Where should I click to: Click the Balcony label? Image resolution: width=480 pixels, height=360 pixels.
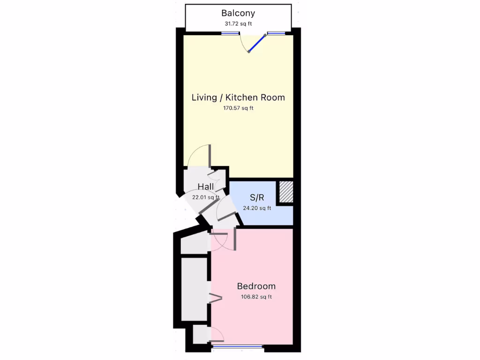238,13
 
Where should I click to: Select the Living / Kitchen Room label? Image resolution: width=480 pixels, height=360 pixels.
238,97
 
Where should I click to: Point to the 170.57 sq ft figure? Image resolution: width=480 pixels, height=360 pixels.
238,108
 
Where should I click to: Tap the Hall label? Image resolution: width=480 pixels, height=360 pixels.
206,187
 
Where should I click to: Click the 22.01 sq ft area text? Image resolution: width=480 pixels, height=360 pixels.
206,197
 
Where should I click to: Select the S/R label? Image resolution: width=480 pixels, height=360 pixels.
257,197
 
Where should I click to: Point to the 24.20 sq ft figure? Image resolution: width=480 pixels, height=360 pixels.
257,209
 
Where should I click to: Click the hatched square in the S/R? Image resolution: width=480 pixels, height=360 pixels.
285,192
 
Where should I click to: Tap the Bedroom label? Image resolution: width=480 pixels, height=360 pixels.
256,286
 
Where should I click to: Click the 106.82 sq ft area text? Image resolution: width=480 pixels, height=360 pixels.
256,297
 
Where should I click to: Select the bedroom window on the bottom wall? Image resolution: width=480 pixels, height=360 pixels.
238,347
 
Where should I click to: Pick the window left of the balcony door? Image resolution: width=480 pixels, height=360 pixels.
230,33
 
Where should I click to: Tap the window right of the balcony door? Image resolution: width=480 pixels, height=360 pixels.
276,33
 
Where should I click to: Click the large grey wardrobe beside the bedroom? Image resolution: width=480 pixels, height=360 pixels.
194,289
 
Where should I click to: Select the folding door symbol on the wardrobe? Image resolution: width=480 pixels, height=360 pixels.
215,298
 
